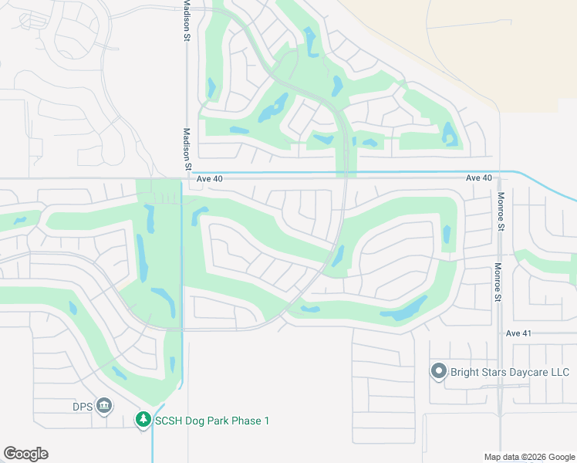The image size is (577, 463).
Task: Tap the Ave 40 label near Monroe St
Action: point(478,178)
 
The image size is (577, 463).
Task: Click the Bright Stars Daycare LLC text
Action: point(509,373)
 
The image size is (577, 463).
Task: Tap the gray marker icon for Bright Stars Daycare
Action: point(439,372)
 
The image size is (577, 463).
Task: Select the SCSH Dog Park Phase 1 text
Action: point(211,421)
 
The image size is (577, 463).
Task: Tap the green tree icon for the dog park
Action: point(143,420)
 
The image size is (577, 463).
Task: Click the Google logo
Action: point(25,454)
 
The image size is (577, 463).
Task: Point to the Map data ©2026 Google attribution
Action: point(528,457)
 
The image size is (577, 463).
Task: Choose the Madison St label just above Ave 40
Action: point(187,149)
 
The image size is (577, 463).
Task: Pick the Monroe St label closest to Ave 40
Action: point(500,211)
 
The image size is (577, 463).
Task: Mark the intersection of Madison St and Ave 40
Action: point(187,179)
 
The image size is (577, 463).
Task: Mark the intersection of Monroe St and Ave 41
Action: point(500,333)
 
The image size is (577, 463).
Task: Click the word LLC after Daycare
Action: point(559,373)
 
